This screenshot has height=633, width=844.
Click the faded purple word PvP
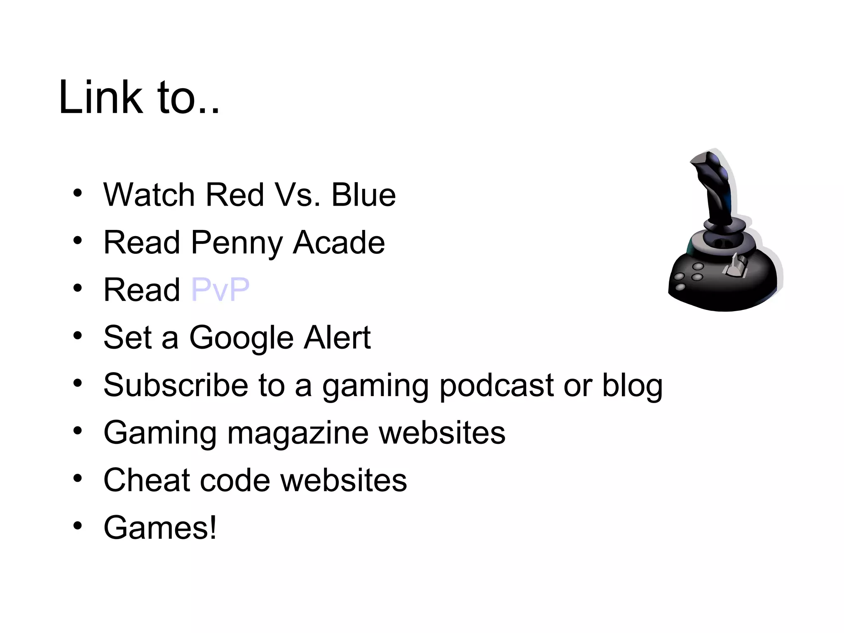pyautogui.click(x=220, y=290)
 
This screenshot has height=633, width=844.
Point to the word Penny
pyautogui.click(x=237, y=243)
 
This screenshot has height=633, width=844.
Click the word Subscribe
pyautogui.click(x=176, y=385)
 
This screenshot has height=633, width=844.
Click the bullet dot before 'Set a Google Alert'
pyautogui.click(x=77, y=336)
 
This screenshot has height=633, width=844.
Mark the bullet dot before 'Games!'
pyautogui.click(x=77, y=526)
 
